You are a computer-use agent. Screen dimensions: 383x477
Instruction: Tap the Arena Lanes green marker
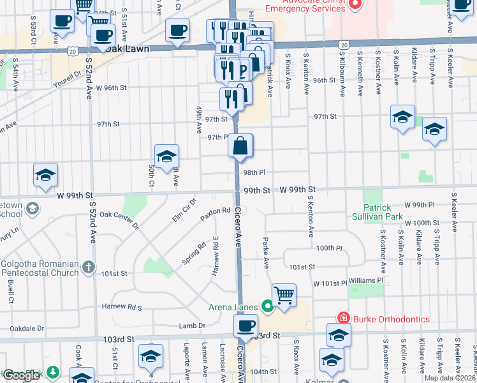(x=267, y=307)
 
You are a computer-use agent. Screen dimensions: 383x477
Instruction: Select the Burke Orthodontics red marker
(x=344, y=319)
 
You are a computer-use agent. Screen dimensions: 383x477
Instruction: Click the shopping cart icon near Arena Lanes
(x=284, y=296)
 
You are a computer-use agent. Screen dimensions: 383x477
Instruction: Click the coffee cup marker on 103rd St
(x=244, y=327)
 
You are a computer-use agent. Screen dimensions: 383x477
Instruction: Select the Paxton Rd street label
(x=215, y=211)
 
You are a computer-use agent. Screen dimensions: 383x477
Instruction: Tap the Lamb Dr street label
(x=193, y=326)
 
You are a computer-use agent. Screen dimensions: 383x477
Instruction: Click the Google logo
(x=22, y=375)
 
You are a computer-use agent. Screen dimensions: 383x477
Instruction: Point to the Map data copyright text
(x=450, y=378)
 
